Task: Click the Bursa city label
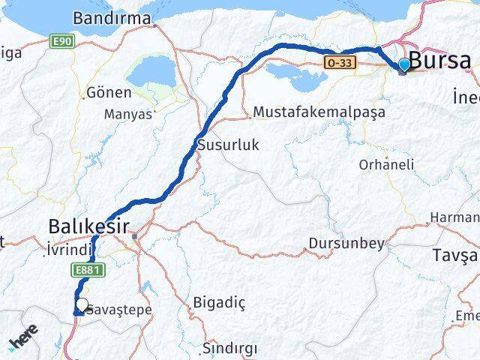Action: point(440,61)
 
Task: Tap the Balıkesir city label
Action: point(88,225)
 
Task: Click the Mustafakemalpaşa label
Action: point(319,112)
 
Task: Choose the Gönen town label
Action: point(109,93)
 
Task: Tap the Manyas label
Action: point(127,115)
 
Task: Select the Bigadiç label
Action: point(219,302)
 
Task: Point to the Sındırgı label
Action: point(229,348)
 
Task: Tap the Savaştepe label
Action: point(120,310)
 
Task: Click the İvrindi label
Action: point(69,249)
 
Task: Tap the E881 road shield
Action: point(84,268)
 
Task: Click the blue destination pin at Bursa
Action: point(404,65)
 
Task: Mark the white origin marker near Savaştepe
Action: point(82,305)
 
